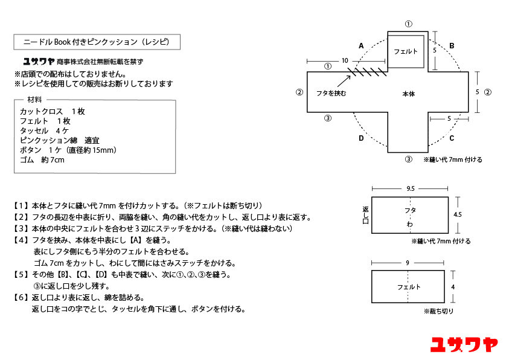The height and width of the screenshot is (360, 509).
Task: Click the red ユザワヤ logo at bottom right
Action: pos(464,344)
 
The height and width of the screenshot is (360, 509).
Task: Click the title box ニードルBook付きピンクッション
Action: pos(96,42)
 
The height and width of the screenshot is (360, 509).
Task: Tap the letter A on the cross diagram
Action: pos(361,45)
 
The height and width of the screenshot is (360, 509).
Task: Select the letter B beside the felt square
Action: pos(451,45)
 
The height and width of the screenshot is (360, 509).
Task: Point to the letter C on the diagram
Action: pos(451,138)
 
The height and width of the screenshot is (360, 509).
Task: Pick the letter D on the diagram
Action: pos(361,138)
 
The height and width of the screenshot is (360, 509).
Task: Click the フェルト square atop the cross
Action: pos(406,51)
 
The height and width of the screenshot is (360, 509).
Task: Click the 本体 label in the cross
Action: pos(409,94)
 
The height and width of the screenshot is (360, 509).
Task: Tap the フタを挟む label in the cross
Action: pos(331,94)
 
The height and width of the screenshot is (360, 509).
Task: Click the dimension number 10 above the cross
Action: pos(345,60)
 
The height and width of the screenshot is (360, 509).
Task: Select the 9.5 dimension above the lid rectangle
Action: pos(411,188)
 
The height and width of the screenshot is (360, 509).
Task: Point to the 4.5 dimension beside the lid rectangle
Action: pos(457,214)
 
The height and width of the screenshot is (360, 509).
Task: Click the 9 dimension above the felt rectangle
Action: pos(408,262)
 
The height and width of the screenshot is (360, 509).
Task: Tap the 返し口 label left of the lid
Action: pos(365,214)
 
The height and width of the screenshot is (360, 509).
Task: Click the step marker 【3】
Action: pos(22,228)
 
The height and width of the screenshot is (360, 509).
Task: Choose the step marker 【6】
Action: pos(22,297)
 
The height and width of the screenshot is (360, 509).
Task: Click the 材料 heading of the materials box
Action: pos(34,100)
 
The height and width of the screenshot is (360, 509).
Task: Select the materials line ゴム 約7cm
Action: pos(42,159)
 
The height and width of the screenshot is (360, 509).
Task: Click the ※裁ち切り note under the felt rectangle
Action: pos(438,311)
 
